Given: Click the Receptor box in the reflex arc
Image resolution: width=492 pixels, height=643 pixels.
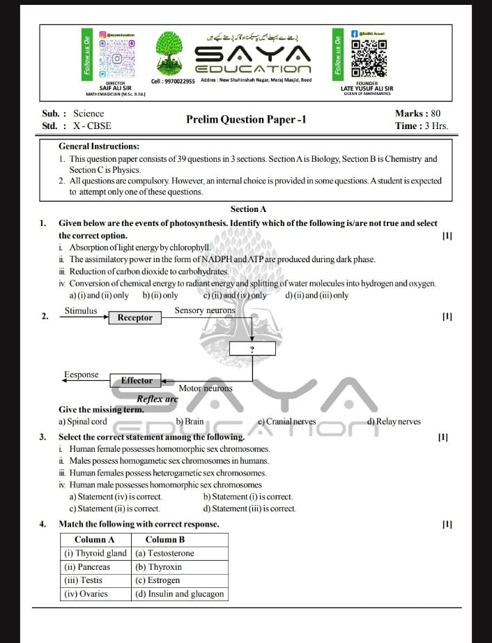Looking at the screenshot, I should click(x=135, y=317).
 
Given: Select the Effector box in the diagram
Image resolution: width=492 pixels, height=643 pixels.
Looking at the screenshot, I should click(x=137, y=380).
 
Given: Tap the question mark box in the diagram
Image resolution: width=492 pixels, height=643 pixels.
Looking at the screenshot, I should click(x=252, y=349).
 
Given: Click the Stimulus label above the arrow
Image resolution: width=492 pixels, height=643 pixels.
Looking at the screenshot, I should click(x=81, y=310).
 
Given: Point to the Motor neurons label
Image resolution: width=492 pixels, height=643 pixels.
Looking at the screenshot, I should click(x=206, y=388).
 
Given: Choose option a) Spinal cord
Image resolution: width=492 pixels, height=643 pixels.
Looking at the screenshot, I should click(x=83, y=421).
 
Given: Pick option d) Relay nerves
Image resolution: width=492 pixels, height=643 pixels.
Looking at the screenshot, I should click(x=394, y=421).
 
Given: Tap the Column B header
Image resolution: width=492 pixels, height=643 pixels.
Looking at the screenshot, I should click(x=165, y=540).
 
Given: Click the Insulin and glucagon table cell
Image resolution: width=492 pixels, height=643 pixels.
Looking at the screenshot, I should click(x=180, y=593).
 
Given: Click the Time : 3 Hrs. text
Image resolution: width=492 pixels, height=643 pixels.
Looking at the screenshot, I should click(x=421, y=126).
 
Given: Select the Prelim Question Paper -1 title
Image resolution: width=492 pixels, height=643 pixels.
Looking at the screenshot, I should click(x=246, y=119).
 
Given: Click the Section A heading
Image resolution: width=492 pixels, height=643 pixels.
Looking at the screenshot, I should click(x=248, y=209).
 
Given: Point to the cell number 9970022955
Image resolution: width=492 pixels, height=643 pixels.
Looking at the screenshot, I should click(x=173, y=81).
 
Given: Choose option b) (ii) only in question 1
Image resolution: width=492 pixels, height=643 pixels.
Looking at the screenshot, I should click(x=160, y=295).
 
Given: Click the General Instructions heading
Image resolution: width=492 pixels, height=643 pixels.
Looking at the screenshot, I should click(x=99, y=146).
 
